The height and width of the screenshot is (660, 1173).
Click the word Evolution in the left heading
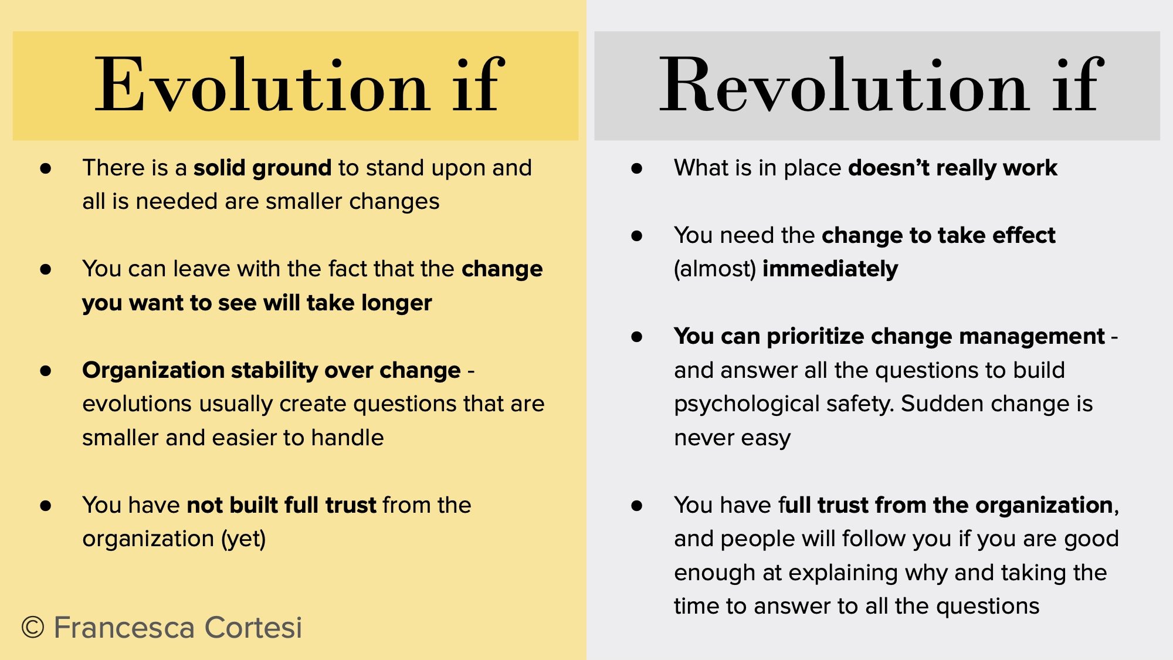coord(262,86)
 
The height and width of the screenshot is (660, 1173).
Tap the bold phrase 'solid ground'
coord(262,168)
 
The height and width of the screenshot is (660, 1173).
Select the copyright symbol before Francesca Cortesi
coord(33,628)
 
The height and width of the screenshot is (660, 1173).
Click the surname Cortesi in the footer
coord(253,628)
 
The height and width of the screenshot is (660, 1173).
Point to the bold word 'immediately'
coord(830,269)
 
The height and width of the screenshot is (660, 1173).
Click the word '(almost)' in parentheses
coord(714,269)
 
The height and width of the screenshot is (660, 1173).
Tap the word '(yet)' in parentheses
coord(243,539)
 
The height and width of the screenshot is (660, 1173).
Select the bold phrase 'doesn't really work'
coord(952,168)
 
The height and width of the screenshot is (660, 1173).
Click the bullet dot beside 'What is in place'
coord(637,169)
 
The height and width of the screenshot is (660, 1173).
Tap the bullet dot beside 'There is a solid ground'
coord(46,169)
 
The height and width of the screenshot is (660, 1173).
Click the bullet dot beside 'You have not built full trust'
coord(46,506)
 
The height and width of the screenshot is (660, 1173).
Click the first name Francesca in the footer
coord(124,628)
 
